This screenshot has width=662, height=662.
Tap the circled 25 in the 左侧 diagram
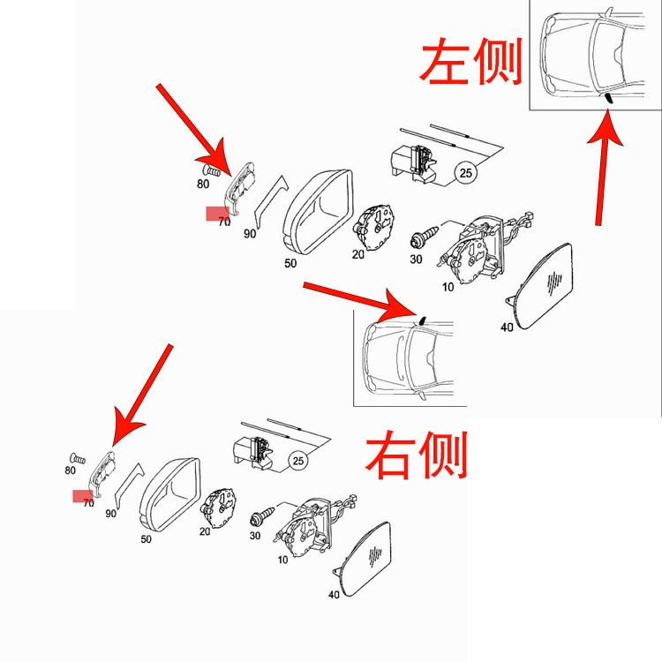(x=466, y=171)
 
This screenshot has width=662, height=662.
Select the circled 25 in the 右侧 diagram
(x=298, y=460)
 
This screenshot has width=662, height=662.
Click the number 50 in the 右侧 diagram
(x=146, y=538)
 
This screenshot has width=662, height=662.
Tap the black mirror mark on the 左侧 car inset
(x=608, y=97)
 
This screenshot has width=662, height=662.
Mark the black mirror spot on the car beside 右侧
(x=422, y=320)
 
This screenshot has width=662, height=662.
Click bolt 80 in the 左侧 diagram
(x=211, y=169)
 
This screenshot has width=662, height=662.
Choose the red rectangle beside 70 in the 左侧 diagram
(x=217, y=213)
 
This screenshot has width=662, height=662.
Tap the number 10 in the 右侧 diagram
(x=282, y=560)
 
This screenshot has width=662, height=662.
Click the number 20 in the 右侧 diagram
(x=205, y=531)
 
